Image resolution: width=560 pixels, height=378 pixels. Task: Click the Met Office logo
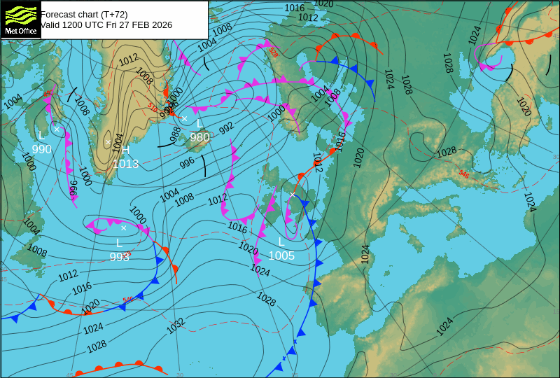point(21,19)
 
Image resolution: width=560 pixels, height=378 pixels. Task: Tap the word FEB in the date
point(142,24)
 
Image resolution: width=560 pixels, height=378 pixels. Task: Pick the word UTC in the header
point(97,24)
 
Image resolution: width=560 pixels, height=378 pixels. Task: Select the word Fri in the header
point(115,24)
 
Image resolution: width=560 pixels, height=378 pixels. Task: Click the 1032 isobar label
point(176,323)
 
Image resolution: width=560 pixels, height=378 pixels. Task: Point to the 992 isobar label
point(226,129)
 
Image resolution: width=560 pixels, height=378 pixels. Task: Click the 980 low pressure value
point(199,138)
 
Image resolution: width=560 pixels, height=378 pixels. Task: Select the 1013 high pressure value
point(126,164)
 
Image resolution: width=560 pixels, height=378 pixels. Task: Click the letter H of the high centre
point(126,150)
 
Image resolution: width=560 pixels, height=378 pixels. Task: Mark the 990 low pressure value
point(41,149)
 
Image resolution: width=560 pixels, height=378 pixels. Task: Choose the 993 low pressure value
point(119,257)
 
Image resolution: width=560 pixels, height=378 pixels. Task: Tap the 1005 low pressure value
point(281,256)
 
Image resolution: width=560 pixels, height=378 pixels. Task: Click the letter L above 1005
point(281,242)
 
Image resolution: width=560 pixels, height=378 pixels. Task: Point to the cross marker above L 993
point(123,227)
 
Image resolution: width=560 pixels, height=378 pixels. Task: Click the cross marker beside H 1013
point(108,142)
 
